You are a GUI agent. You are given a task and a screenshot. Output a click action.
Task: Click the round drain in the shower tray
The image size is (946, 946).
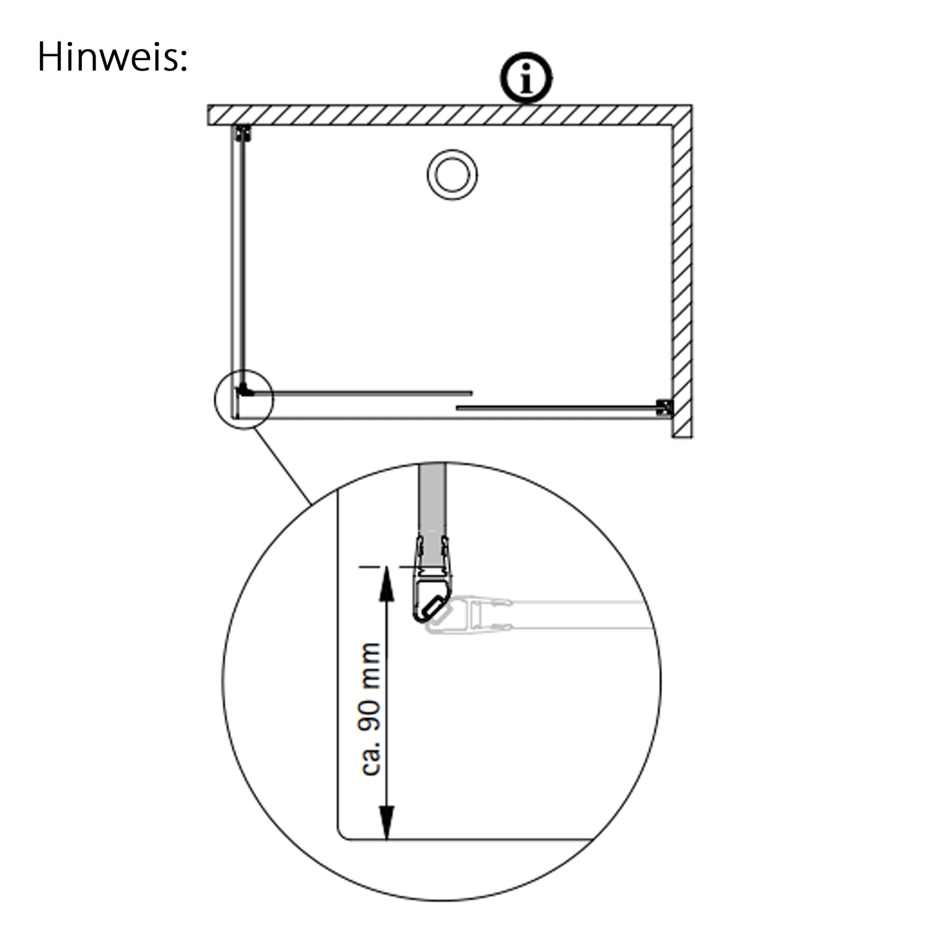[452, 175]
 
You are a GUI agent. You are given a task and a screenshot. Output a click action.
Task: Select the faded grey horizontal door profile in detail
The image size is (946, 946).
[540, 615]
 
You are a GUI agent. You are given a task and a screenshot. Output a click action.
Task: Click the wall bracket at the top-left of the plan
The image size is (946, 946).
[244, 134]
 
